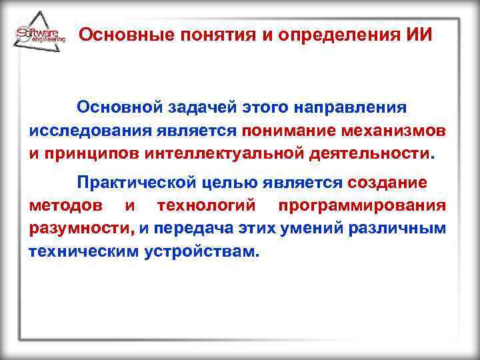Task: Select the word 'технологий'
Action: coord(208,205)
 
